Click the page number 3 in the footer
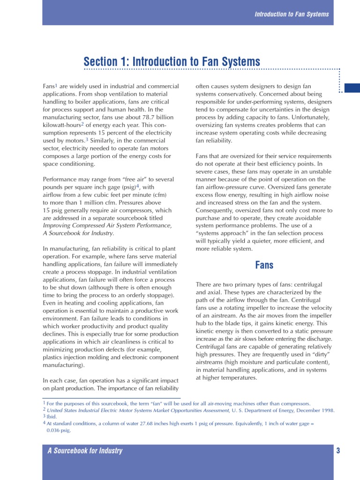[x=338, y=451]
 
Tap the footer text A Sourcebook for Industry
[x=85, y=451]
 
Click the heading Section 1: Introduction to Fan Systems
[x=172, y=61]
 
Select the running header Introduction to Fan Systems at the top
[x=292, y=14]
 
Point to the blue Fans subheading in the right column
[x=264, y=265]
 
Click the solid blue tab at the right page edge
[x=352, y=88]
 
